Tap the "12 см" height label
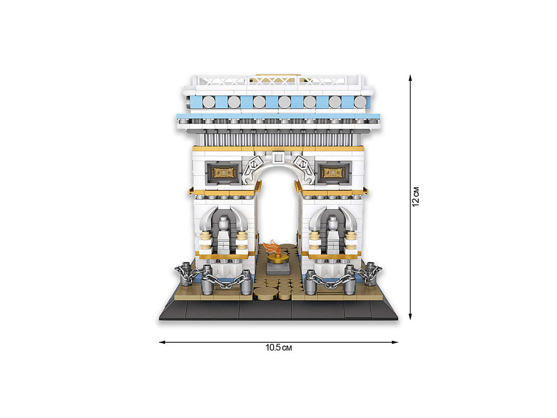click(x=416, y=197)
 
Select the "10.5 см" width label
click(x=278, y=348)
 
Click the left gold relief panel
click(x=223, y=173)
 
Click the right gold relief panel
click(x=333, y=173)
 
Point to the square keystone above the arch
click(x=278, y=157)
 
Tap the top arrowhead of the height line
click(x=411, y=78)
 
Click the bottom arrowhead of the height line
click(x=411, y=316)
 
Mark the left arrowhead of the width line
click(x=162, y=342)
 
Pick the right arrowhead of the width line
click(x=394, y=342)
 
